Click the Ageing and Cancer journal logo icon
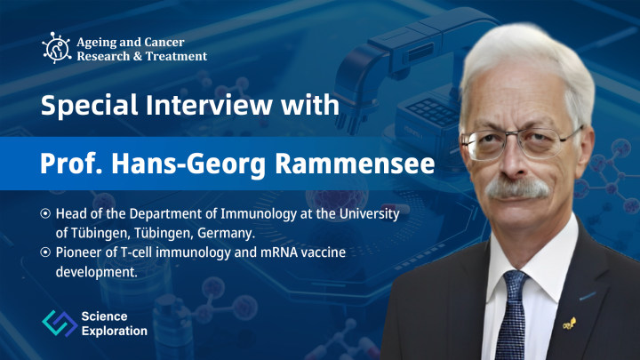56,48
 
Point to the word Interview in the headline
209,105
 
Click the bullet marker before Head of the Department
45,213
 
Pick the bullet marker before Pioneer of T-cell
45,252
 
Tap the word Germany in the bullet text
226,234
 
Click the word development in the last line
96,272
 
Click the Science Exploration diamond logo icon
60,323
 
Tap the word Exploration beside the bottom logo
115,331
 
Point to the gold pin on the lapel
570,324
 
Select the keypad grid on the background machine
433,112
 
